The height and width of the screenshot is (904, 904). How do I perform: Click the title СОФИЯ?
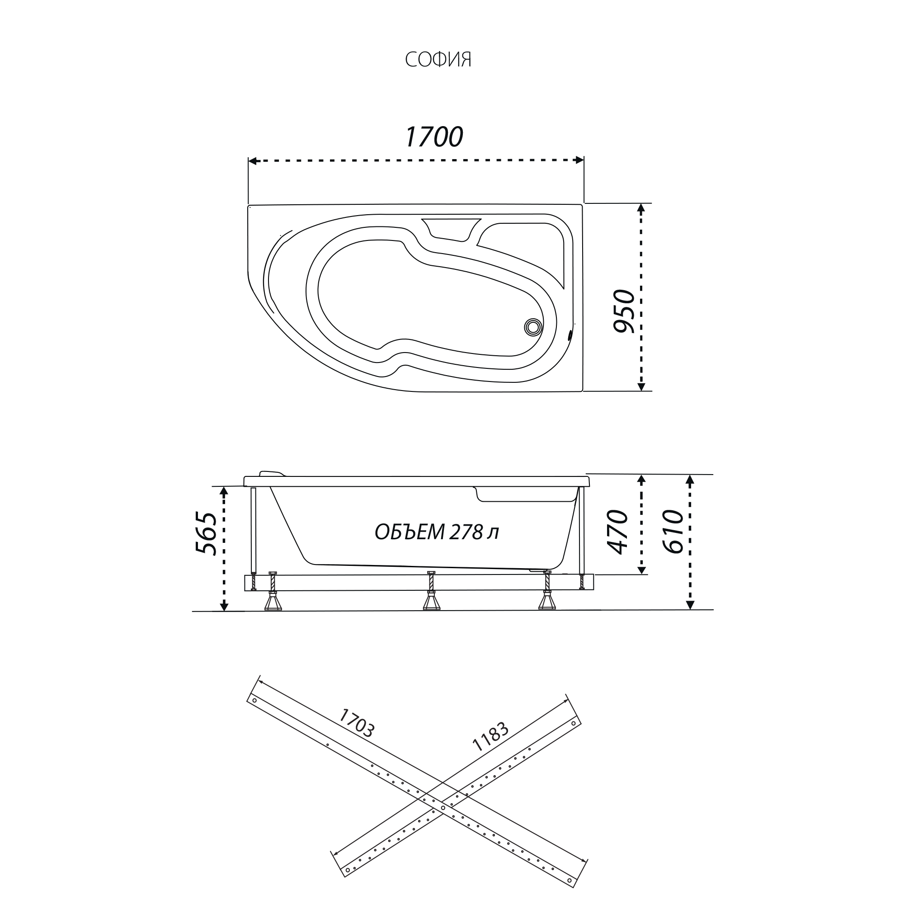438,59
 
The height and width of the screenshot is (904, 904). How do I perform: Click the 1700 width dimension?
434,137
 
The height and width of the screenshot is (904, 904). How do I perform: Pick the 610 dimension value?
673,532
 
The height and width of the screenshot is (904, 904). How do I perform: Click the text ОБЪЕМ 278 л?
437,532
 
